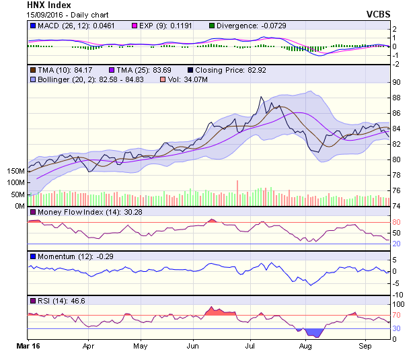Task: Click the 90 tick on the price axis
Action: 397,82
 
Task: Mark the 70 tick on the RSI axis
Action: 397,315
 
